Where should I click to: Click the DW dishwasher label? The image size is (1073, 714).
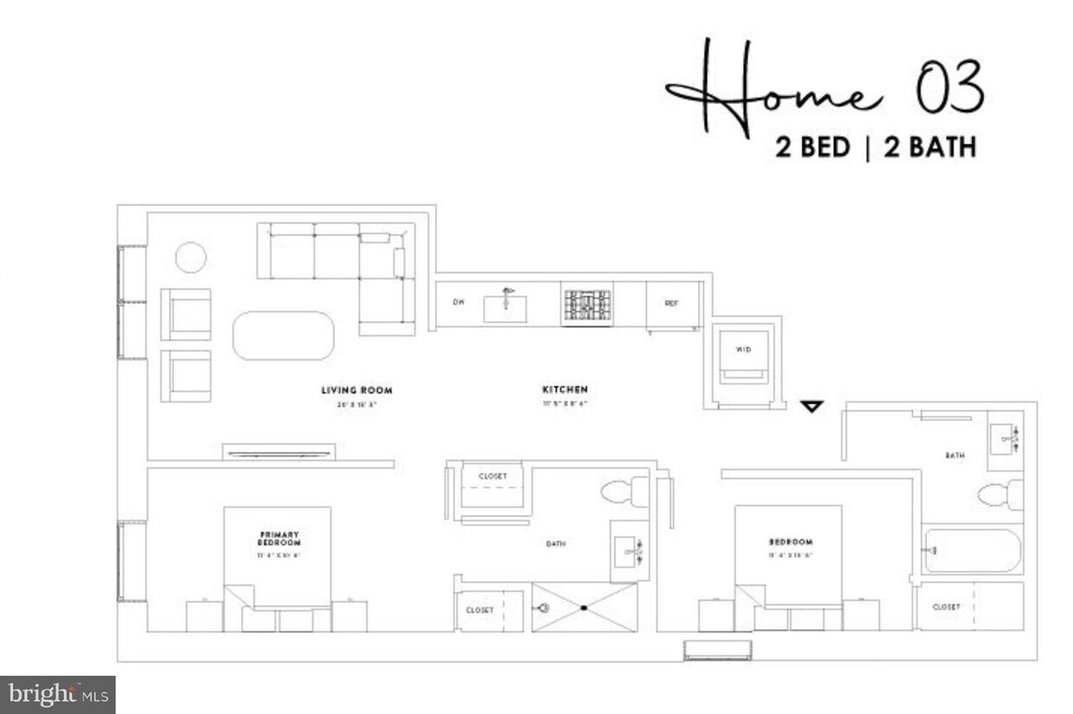pyautogui.click(x=459, y=303)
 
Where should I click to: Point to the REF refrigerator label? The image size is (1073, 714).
pyautogui.click(x=671, y=304)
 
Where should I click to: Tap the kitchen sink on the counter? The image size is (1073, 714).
pyautogui.click(x=504, y=307)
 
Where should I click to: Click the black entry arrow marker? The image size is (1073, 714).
pyautogui.click(x=811, y=406)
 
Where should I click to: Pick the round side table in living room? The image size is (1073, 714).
pyautogui.click(x=190, y=257)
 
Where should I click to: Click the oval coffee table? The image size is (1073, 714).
pyautogui.click(x=283, y=336)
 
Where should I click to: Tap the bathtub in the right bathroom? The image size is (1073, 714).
pyautogui.click(x=973, y=550)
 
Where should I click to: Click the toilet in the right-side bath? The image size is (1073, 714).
pyautogui.click(x=1000, y=496)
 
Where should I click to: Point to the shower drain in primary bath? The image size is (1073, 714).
pyautogui.click(x=584, y=608)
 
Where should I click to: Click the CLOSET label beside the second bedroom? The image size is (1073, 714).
pyautogui.click(x=946, y=607)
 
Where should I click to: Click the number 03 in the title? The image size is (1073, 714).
pyautogui.click(x=949, y=89)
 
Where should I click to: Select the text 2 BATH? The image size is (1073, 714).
pyautogui.click(x=929, y=148)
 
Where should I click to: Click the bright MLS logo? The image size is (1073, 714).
pyautogui.click(x=57, y=694)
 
